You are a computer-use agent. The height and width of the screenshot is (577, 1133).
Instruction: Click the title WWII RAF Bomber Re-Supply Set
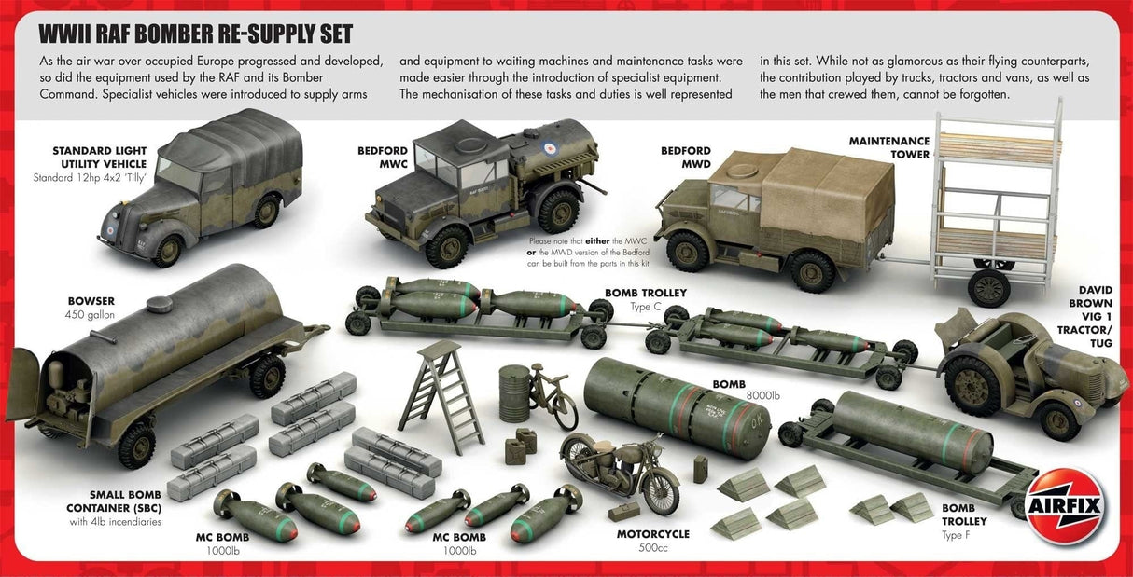(195, 35)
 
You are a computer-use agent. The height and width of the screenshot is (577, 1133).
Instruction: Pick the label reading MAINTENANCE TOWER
(889, 147)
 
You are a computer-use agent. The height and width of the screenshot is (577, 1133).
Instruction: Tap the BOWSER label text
(91, 301)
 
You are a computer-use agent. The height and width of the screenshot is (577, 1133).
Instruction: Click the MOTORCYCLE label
(652, 534)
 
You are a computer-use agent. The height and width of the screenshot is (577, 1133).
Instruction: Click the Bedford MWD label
(685, 157)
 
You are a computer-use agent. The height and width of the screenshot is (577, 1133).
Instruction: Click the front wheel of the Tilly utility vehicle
(169, 249)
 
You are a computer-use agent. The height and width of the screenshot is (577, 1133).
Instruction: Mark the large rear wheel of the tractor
(973, 384)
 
